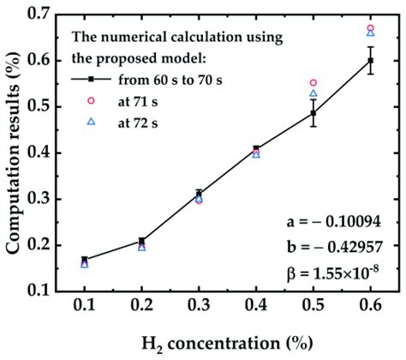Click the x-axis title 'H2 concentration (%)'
pos(227,342)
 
